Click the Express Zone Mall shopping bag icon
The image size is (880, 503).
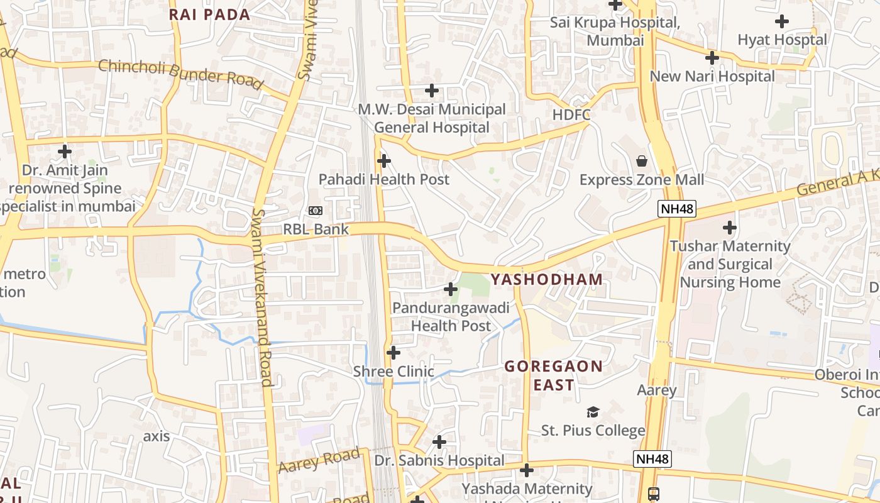(x=642, y=161)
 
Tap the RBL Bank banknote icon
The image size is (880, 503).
(x=315, y=211)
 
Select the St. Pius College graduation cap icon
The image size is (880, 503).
(x=593, y=412)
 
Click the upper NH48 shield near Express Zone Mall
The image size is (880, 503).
(x=677, y=209)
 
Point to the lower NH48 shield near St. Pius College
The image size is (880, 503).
(x=652, y=459)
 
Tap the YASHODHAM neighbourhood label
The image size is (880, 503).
(x=546, y=279)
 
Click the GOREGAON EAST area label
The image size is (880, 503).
(x=553, y=375)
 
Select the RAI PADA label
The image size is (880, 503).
(x=210, y=14)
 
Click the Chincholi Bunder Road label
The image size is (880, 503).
(x=180, y=73)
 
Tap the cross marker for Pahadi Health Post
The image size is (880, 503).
(x=383, y=161)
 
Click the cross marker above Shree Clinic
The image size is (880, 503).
(x=393, y=353)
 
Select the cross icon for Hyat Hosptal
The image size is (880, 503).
(x=782, y=21)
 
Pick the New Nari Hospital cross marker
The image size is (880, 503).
(x=712, y=58)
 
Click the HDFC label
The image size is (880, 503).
(x=571, y=114)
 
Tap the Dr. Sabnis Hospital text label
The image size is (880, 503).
(x=439, y=461)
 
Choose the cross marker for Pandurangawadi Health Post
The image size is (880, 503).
(x=451, y=289)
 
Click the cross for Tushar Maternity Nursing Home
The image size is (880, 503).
(x=730, y=227)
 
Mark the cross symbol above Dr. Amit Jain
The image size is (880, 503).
(x=65, y=152)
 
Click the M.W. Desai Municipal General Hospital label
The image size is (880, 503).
(x=432, y=118)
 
